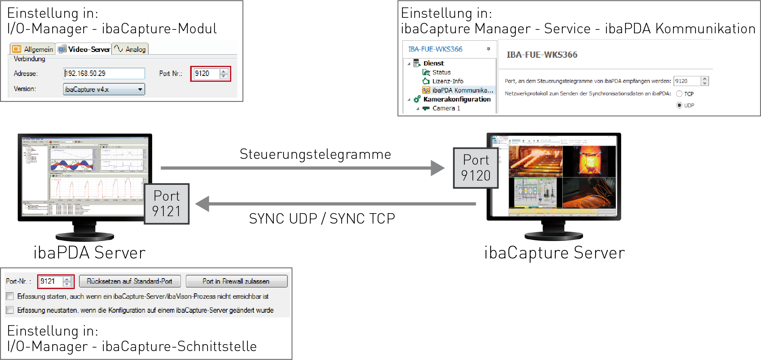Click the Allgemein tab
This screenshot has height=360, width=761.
(x=33, y=49)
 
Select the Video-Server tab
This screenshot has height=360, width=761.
(x=84, y=49)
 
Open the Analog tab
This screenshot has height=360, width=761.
(x=131, y=49)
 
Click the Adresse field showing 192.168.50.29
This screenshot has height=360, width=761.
(x=104, y=74)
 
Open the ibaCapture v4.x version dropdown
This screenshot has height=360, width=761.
(x=104, y=90)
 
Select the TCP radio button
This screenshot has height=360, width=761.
(x=679, y=94)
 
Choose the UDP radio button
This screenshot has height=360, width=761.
(x=679, y=105)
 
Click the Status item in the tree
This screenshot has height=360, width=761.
(x=441, y=72)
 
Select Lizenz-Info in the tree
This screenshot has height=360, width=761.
(x=447, y=81)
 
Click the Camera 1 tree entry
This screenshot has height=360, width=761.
(x=446, y=109)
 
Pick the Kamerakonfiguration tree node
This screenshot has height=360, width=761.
(x=457, y=99)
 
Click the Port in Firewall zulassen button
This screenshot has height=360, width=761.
(x=236, y=281)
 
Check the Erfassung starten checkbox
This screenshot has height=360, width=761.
(x=10, y=296)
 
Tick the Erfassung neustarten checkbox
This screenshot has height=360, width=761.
(x=10, y=310)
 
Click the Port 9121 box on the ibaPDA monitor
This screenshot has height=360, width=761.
(x=167, y=204)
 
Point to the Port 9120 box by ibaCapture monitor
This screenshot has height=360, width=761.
(x=476, y=168)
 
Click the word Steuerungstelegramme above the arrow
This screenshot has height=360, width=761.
(x=315, y=154)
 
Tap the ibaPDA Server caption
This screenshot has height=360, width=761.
(x=89, y=253)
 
